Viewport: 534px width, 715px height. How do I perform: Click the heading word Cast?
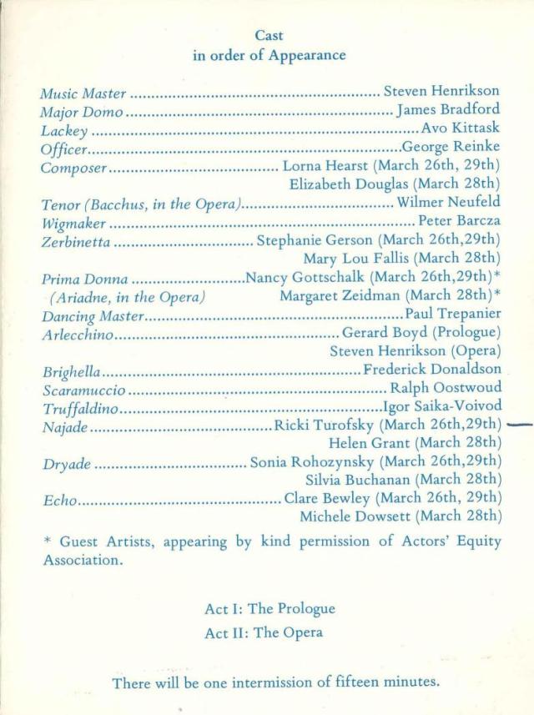(x=269, y=36)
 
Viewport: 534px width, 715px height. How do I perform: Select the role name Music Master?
(x=83, y=93)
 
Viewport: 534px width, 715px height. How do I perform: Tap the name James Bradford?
(x=449, y=110)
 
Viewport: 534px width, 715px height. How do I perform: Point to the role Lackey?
(x=64, y=130)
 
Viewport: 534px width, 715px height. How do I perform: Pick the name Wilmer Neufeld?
(x=449, y=203)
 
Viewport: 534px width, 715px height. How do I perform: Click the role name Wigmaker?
(x=73, y=223)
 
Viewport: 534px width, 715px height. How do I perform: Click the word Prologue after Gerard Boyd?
(x=472, y=333)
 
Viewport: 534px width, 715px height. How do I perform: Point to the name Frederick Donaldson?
(x=433, y=369)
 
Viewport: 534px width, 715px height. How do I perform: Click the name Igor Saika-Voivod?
(x=442, y=407)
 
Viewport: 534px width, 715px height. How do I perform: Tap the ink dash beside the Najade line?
(x=520, y=425)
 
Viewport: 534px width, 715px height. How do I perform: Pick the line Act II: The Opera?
(x=264, y=632)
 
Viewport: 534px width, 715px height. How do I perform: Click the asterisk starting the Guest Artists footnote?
(x=48, y=540)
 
